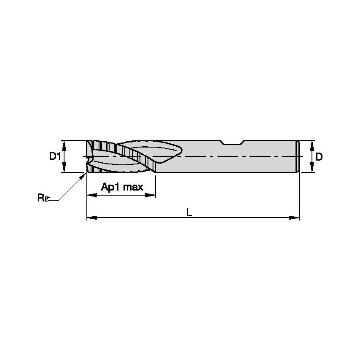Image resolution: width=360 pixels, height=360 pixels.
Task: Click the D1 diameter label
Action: tap(55, 156)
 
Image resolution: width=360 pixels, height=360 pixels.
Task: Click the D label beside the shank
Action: tap(319, 156)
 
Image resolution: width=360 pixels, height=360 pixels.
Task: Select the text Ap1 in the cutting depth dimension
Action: tap(111, 187)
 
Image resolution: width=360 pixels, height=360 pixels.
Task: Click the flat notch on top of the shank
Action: tap(232, 142)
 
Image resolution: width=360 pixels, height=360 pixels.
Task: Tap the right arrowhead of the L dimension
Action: tap(296, 218)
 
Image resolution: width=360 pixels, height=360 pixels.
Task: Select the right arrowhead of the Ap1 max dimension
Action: tap(152, 196)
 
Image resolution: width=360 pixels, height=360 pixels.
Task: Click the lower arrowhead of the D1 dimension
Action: tap(64, 169)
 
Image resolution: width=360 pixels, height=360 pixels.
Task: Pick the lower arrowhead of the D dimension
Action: tap(312, 169)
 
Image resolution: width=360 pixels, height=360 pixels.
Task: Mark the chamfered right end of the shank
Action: tap(298, 156)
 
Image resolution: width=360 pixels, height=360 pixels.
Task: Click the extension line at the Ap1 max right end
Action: tap(156, 185)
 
